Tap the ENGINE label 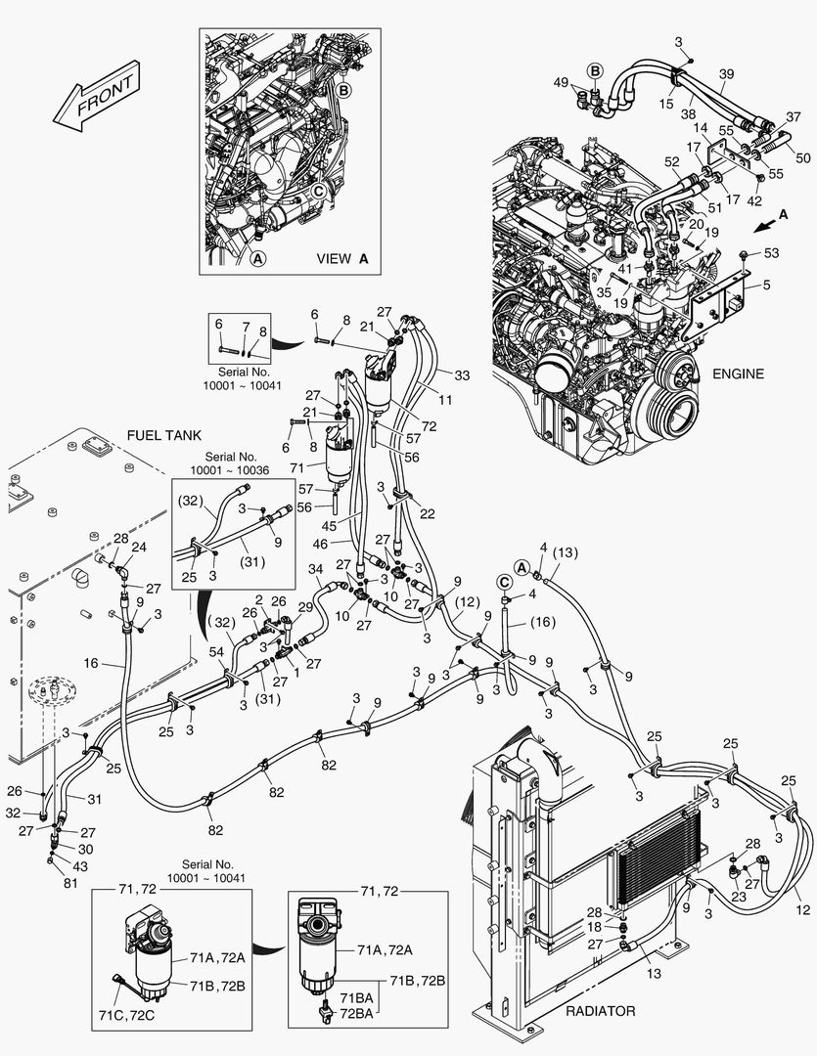[738, 374]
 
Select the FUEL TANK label [162, 434]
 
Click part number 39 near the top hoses [726, 74]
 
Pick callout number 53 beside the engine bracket [772, 253]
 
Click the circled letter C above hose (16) [505, 580]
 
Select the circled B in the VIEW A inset [343, 90]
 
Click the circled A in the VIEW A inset [258, 259]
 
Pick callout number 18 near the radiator [620, 927]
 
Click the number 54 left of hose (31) [215, 652]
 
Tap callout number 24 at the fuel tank [138, 547]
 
